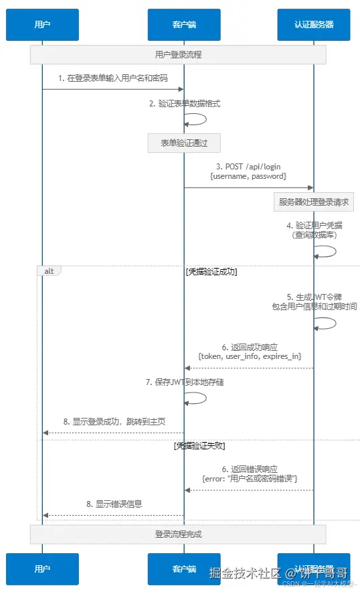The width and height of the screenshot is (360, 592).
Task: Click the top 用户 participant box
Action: click(x=42, y=25)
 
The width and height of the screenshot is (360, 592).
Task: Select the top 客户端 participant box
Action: click(x=184, y=25)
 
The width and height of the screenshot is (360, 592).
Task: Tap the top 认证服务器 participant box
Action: click(x=314, y=25)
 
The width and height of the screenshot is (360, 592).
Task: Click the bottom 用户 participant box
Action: click(x=42, y=569)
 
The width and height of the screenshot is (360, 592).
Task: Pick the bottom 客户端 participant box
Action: click(x=184, y=569)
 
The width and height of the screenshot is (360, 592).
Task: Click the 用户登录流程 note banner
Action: click(x=178, y=55)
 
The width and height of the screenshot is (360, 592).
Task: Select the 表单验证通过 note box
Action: click(x=184, y=143)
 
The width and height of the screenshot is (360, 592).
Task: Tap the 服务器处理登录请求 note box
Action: click(x=314, y=202)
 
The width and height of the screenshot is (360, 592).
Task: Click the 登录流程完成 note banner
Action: click(x=178, y=534)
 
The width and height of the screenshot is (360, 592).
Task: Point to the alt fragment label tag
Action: click(x=49, y=271)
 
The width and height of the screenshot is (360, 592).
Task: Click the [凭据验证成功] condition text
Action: click(x=211, y=273)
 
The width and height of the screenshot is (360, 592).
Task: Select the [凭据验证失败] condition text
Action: click(x=200, y=445)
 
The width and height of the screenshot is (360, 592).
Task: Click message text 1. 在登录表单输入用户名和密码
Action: click(x=112, y=78)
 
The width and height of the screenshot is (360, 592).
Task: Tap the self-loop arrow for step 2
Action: click(x=197, y=119)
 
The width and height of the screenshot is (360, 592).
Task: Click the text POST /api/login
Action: click(x=248, y=166)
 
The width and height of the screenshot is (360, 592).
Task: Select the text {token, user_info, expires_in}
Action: click(x=250, y=356)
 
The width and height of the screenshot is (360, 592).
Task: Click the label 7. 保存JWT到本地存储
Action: click(x=184, y=382)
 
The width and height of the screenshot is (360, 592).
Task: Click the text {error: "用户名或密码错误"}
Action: click(x=250, y=479)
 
